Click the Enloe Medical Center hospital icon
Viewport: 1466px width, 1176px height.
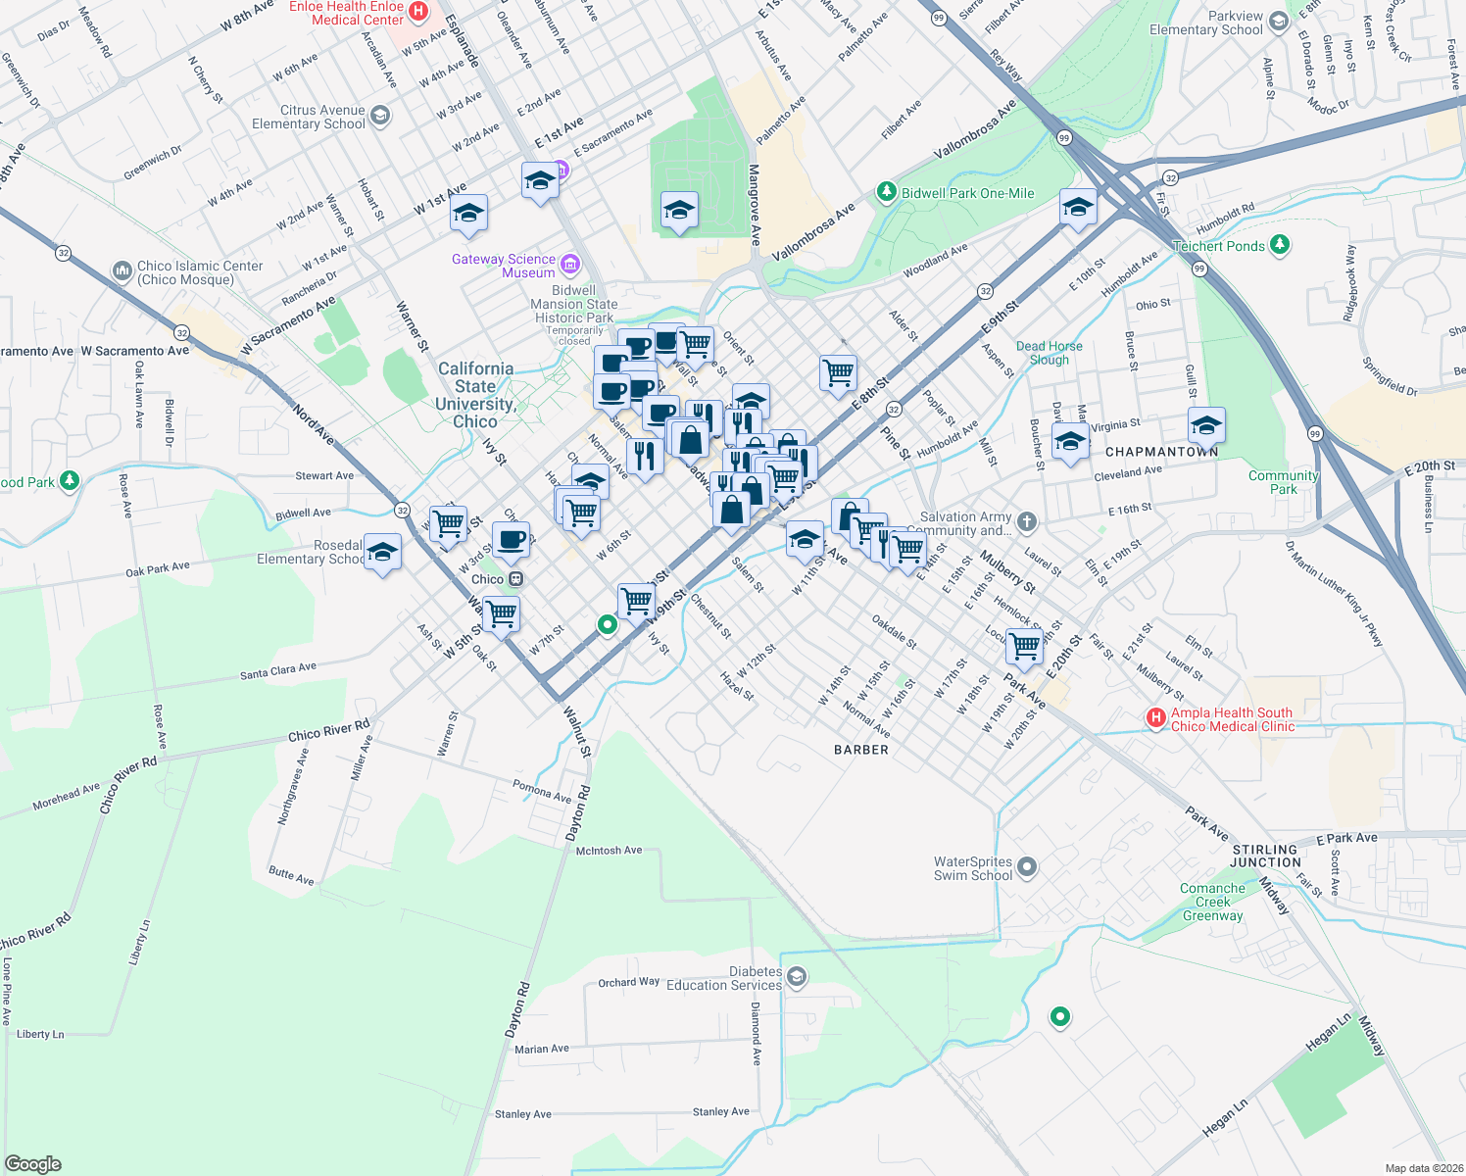418,12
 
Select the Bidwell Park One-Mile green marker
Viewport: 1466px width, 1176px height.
887,192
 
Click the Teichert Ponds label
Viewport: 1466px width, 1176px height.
1218,246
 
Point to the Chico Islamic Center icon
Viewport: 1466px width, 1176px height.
122,270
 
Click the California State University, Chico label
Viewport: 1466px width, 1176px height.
475,395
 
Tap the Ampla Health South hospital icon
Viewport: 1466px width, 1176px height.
1156,718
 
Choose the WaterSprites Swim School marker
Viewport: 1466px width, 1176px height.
1026,866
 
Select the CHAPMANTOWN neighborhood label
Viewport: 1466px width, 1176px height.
1161,452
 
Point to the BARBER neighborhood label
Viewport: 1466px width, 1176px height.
861,750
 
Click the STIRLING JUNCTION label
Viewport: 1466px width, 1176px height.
1265,856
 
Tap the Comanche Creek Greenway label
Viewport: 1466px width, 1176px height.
1212,902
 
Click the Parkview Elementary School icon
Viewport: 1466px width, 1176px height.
1278,21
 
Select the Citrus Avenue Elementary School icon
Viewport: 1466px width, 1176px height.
380,117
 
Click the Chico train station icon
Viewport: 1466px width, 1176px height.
515,579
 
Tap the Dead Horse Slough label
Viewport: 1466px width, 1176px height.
1049,353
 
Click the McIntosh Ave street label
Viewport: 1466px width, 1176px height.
609,851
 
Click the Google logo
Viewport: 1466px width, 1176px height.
33,1164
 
